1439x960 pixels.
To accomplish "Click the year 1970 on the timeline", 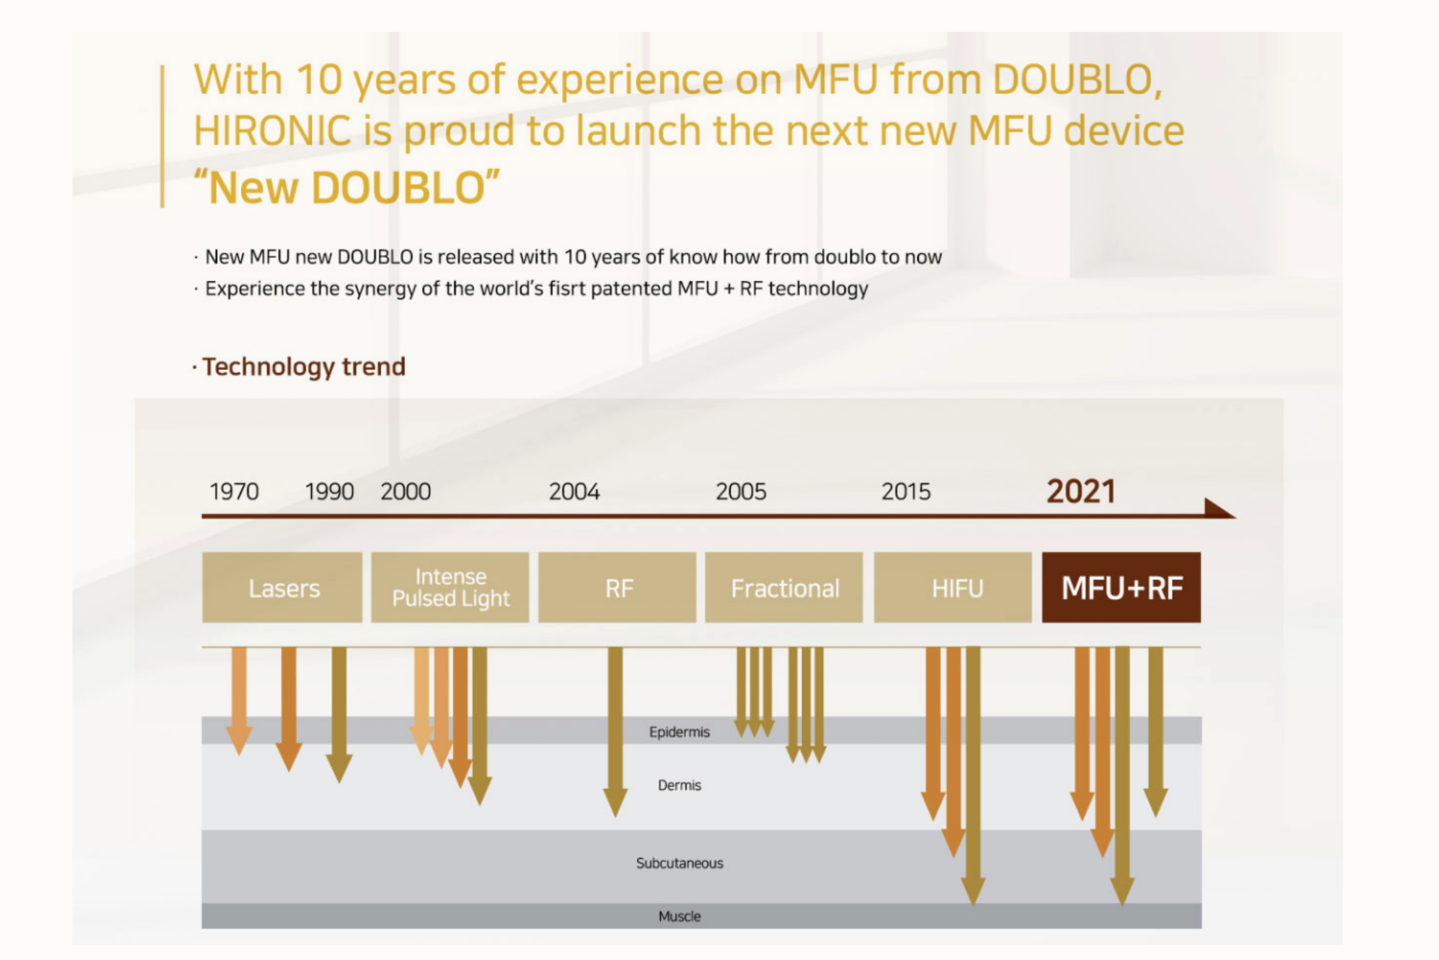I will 235,492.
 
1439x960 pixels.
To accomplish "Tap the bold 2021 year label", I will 1081,491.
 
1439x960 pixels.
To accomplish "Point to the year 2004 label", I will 574,492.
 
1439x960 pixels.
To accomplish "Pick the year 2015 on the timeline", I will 906,492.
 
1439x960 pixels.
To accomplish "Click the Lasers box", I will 283,588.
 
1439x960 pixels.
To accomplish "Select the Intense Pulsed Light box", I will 450,588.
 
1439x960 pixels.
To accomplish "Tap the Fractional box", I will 784,588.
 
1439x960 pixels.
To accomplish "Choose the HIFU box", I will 953,588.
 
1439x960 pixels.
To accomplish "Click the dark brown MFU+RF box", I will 1121,588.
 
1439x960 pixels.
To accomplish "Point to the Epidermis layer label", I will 679,732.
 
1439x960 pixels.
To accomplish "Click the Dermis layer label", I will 679,785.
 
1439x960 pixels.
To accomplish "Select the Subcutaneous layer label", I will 679,863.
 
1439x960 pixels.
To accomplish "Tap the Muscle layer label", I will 679,916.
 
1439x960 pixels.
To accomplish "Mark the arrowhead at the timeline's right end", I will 1219,509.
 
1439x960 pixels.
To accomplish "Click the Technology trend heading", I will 304,367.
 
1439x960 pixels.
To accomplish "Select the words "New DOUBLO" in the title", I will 347,187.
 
